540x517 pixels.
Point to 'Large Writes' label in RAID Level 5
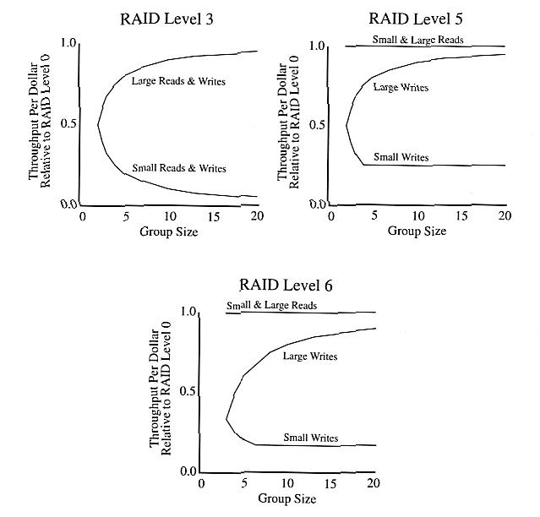pos(400,87)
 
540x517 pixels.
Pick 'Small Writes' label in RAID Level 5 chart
pos(401,157)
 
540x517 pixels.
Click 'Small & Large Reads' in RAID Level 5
pos(417,39)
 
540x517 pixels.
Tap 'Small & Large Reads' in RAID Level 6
pos(271,305)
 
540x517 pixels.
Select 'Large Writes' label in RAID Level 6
pos(310,356)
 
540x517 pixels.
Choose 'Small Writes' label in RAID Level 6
pos(310,438)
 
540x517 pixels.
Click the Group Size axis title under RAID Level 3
pos(169,231)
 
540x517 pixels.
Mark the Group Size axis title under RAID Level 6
pos(288,498)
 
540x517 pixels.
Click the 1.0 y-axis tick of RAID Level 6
pos(188,313)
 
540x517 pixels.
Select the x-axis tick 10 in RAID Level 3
pos(169,217)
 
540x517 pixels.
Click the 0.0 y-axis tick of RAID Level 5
pos(317,204)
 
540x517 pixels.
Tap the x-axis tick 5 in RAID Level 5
pos(374,217)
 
